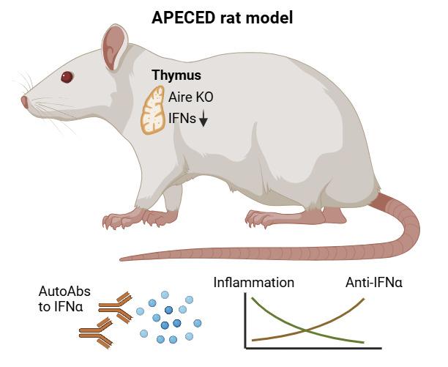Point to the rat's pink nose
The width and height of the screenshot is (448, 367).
[24, 102]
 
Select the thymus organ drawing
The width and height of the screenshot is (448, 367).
[153, 111]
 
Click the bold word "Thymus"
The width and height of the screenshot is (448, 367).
[176, 75]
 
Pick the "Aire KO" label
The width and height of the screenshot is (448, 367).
[191, 96]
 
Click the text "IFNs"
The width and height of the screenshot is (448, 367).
[182, 118]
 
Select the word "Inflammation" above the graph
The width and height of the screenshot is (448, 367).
[253, 282]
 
